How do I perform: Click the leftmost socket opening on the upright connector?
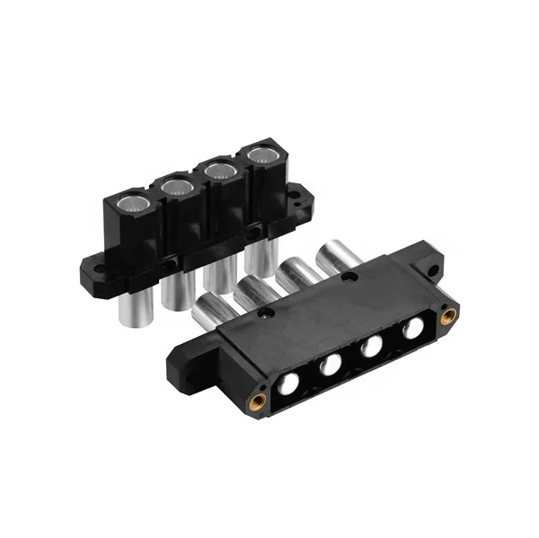(x=132, y=202)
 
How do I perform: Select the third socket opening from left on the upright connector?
(x=218, y=170)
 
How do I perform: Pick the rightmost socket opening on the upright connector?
(x=261, y=154)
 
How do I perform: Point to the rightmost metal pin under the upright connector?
(x=260, y=256)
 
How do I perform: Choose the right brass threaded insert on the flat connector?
(x=448, y=314)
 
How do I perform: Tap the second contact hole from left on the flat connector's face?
(x=331, y=365)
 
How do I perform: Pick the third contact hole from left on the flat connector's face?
(x=373, y=347)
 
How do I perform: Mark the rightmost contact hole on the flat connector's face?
(x=412, y=329)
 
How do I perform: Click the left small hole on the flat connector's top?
(x=266, y=315)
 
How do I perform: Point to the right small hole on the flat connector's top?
(x=350, y=278)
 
